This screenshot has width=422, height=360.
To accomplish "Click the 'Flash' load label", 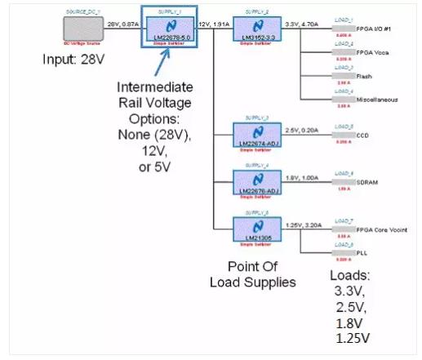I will tap(366, 75).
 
